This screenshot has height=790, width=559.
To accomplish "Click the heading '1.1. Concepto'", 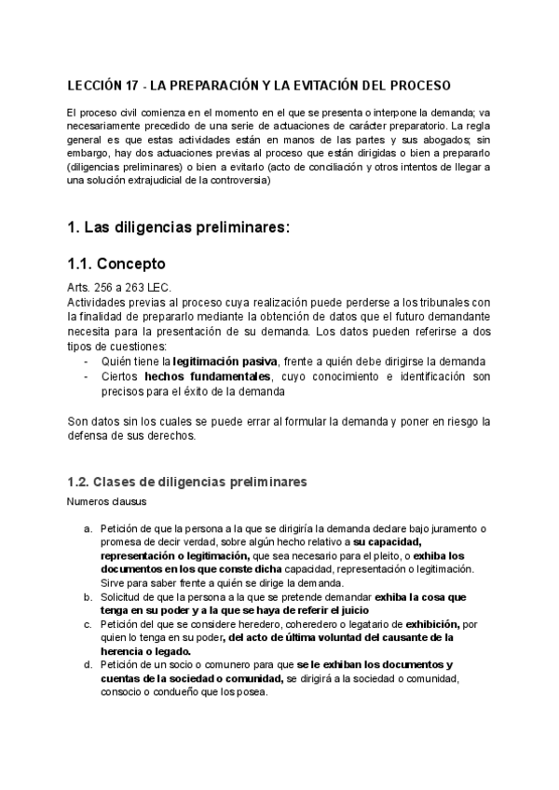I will click(x=116, y=263).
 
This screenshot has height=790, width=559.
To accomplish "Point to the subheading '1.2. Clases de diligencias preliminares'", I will click(x=186, y=482).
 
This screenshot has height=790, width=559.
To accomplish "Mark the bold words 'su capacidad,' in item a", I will click(x=388, y=542).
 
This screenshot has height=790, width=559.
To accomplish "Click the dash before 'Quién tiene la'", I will click(x=87, y=361).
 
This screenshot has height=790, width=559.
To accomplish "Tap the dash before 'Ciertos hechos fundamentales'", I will click(x=87, y=375).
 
